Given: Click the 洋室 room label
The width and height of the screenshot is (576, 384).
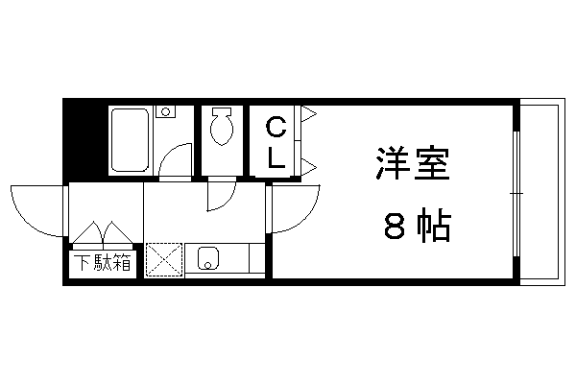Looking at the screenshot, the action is click(413, 163).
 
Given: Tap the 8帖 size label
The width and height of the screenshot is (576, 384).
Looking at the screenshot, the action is click(418, 226).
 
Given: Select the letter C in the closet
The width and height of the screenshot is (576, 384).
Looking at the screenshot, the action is click(276, 127).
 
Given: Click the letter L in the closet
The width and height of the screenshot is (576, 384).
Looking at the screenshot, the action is click(276, 157).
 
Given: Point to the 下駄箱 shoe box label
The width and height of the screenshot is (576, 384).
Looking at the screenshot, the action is click(103, 262).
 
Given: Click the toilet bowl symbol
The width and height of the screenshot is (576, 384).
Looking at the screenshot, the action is click(222, 126).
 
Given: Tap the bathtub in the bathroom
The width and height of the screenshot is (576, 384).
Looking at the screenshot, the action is click(130, 140).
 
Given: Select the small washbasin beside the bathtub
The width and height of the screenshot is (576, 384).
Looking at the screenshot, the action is click(166, 111).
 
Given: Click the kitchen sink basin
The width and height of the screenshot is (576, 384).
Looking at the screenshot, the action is click(208, 258).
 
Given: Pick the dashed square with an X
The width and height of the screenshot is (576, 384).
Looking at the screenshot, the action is click(164, 259).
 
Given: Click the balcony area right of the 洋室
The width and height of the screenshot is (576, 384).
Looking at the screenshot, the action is click(542, 192).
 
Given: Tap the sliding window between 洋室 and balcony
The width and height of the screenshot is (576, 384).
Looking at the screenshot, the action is click(516, 193).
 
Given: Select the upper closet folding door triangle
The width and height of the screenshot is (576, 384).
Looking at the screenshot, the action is click(308, 113).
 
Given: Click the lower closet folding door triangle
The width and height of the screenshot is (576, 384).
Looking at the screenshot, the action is click(308, 167).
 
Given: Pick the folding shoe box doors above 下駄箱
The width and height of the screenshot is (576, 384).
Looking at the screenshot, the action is click(103, 233).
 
